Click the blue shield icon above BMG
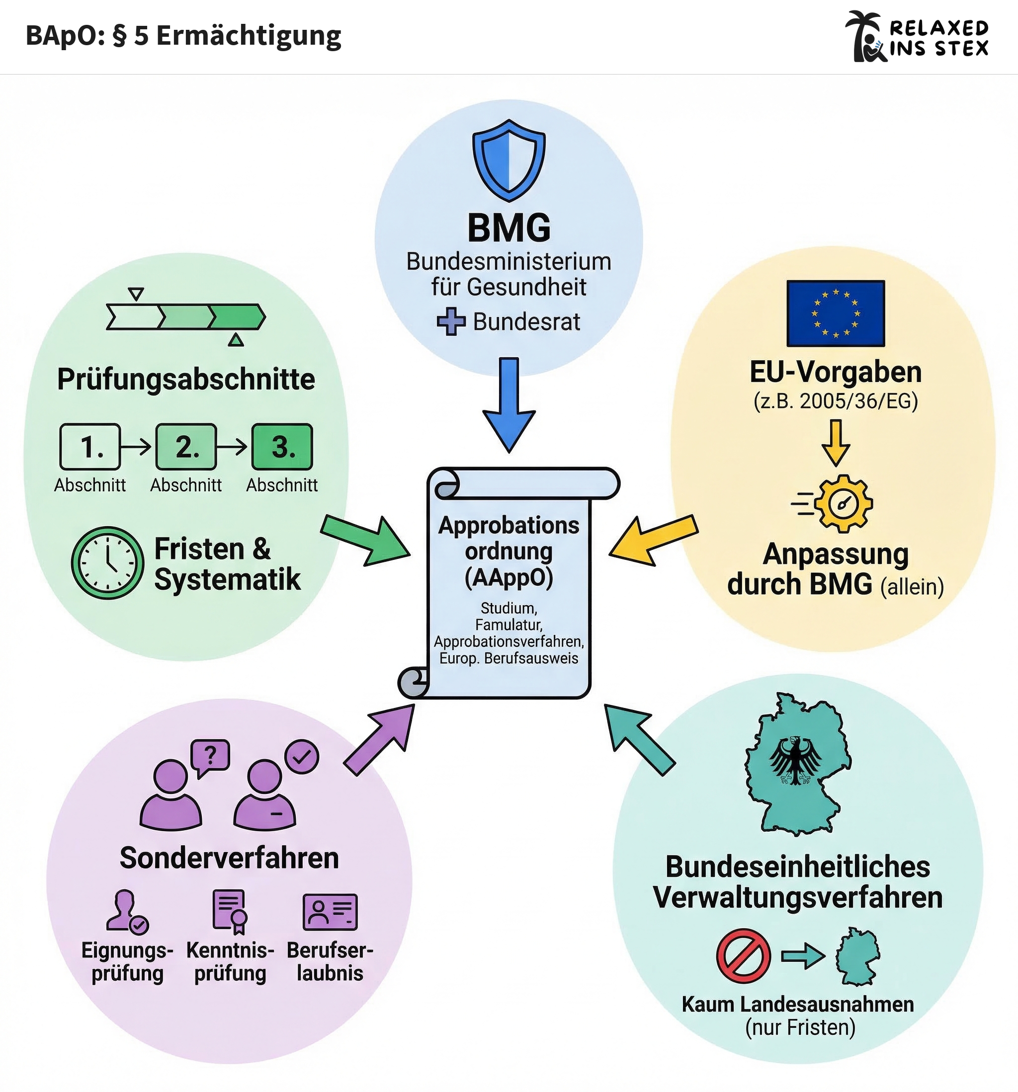(x=509, y=160)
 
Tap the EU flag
(x=836, y=313)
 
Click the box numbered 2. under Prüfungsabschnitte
(x=186, y=447)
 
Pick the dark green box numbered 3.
(x=282, y=447)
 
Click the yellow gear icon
(x=843, y=503)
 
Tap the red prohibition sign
(x=743, y=956)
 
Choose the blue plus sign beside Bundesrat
(x=451, y=322)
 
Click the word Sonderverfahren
(x=229, y=858)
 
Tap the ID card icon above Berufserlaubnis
(x=330, y=912)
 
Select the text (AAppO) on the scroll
(x=509, y=577)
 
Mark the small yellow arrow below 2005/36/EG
(x=836, y=442)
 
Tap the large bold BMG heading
(x=509, y=228)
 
